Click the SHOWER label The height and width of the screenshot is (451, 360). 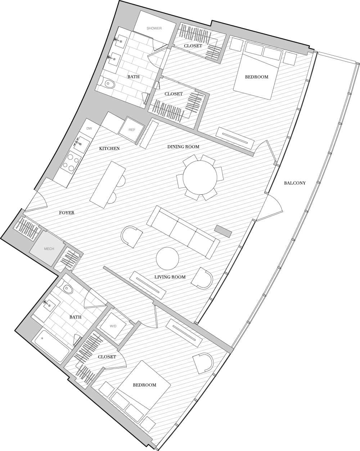(x=154, y=28)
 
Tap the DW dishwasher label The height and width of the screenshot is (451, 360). (x=89, y=128)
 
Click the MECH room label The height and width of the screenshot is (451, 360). (x=49, y=249)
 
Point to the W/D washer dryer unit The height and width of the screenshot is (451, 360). (x=113, y=326)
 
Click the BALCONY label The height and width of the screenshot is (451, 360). (x=295, y=183)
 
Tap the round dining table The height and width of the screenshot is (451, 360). (x=200, y=178)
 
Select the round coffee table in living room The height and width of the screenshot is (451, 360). (x=167, y=259)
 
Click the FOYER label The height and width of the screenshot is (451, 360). (x=67, y=213)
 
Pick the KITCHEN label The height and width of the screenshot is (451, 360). (x=109, y=148)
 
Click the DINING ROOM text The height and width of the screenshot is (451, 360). (x=183, y=147)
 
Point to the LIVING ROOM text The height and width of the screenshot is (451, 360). (x=170, y=277)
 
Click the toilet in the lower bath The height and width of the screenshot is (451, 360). (x=67, y=288)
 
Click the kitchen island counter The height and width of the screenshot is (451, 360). (x=108, y=184)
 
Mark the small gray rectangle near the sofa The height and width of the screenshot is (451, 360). (x=223, y=231)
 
